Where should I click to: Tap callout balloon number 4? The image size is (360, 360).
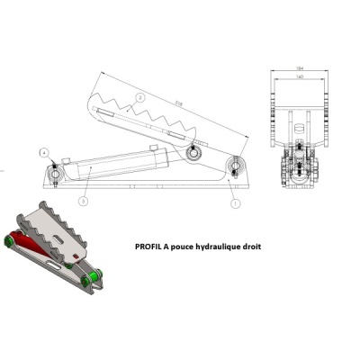pyautogui.click(x=41, y=154)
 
